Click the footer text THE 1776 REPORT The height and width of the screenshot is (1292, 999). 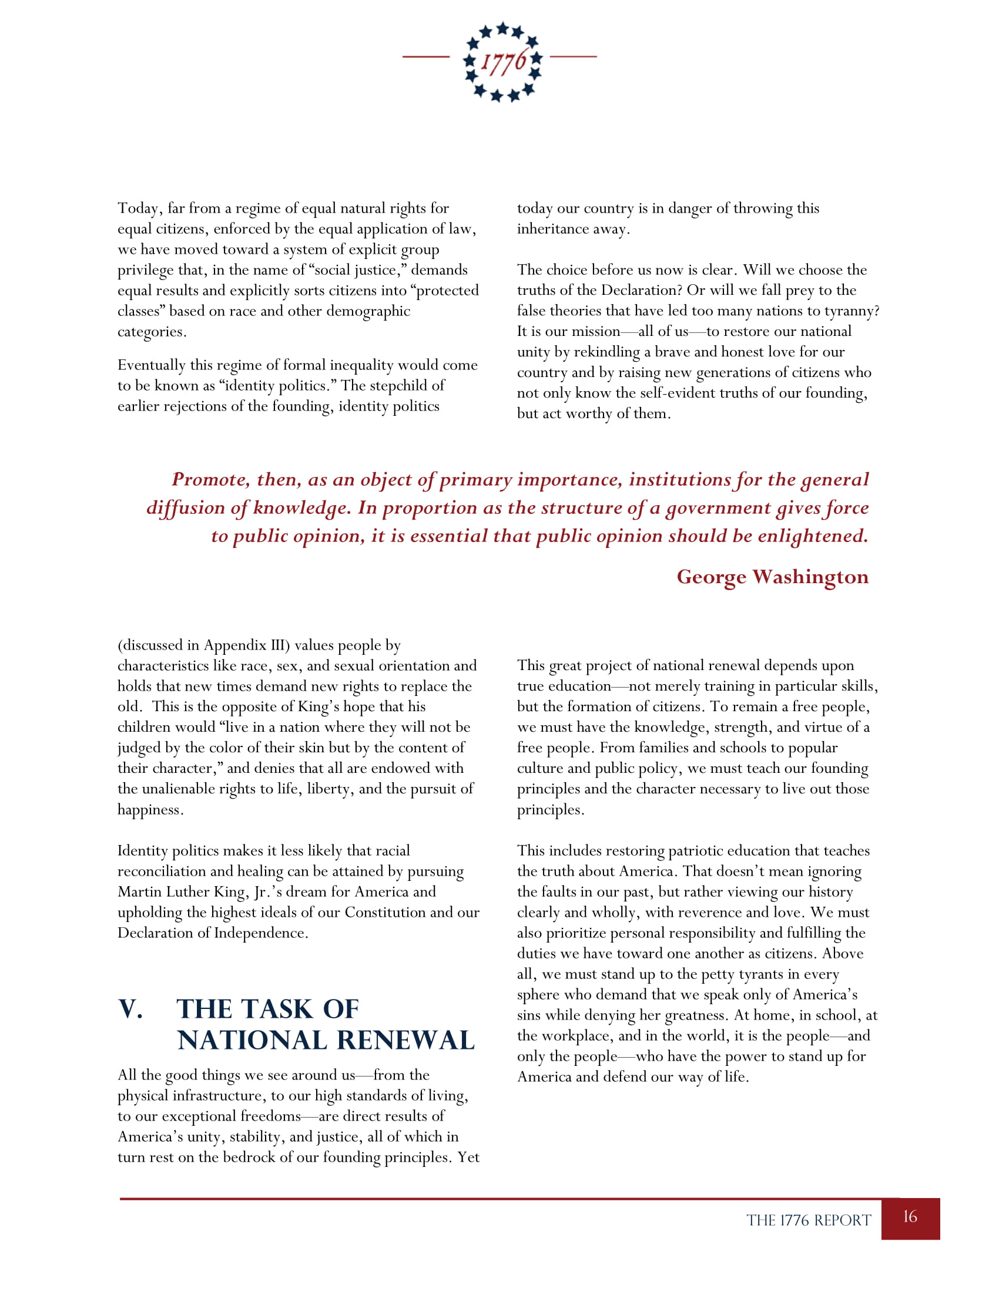[x=809, y=1220]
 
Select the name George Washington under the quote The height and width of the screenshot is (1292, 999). [x=772, y=577]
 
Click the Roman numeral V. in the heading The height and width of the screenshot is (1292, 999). [x=131, y=1009]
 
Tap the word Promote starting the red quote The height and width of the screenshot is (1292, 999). [x=210, y=479]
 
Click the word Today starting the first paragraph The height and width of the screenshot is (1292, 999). [x=138, y=209]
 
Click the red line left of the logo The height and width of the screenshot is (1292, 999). [x=426, y=57]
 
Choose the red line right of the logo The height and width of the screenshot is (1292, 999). [x=573, y=57]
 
